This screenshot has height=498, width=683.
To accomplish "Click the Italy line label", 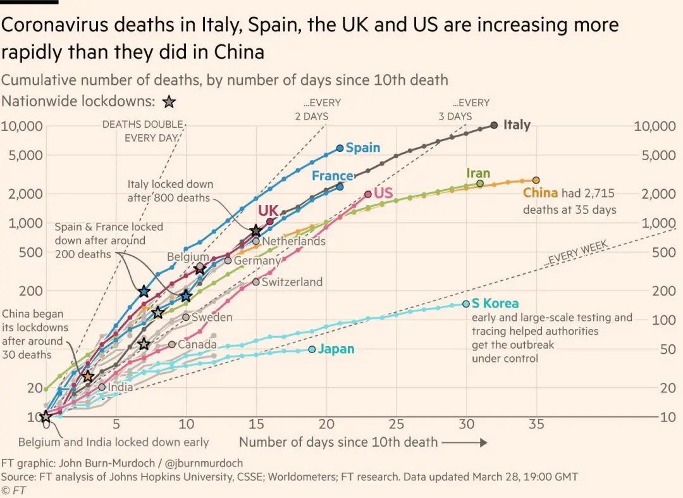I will [x=517, y=125].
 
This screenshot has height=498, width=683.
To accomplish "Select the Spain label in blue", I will [x=363, y=147].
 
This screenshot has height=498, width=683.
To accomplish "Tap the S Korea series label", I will [x=495, y=304].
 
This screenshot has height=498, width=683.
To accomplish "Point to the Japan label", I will [x=336, y=349].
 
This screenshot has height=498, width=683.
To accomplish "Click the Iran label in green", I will [x=478, y=173].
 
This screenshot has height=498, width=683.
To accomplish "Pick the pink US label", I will [x=383, y=193].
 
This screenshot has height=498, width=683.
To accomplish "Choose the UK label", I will [x=268, y=210].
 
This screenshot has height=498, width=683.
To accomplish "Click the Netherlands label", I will [x=293, y=241].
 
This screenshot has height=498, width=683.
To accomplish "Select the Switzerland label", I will [x=292, y=282].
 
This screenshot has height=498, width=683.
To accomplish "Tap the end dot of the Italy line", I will [x=494, y=125].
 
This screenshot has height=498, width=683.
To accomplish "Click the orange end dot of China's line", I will [x=536, y=180].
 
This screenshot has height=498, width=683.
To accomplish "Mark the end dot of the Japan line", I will [x=312, y=349].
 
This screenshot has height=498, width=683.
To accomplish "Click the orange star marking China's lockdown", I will [x=88, y=377].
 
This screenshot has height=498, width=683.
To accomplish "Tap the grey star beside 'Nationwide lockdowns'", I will [x=168, y=102].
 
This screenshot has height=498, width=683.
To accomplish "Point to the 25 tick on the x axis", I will [x=396, y=424].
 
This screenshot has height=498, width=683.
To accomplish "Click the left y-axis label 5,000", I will [x=25, y=155].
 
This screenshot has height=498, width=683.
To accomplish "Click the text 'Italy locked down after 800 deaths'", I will [x=170, y=191].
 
